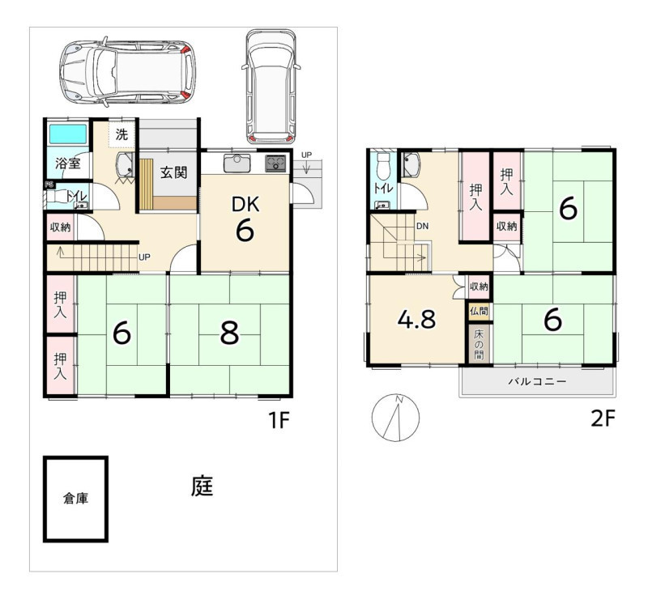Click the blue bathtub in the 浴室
click(x=68, y=134)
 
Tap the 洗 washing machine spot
click(x=122, y=134)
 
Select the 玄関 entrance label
click(x=173, y=172)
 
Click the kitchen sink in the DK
click(x=237, y=164)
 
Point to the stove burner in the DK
click(x=275, y=164)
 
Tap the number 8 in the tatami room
click(x=229, y=333)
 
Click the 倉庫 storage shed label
click(x=75, y=499)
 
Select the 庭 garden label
click(x=202, y=486)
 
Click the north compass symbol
click(x=395, y=417)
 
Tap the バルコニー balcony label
click(x=537, y=381)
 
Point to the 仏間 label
click(x=479, y=311)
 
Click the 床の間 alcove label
click(x=479, y=344)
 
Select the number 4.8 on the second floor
click(x=416, y=319)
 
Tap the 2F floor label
click(x=603, y=419)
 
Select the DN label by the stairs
click(x=422, y=226)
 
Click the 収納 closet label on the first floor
click(x=60, y=227)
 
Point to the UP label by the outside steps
click(x=306, y=155)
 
